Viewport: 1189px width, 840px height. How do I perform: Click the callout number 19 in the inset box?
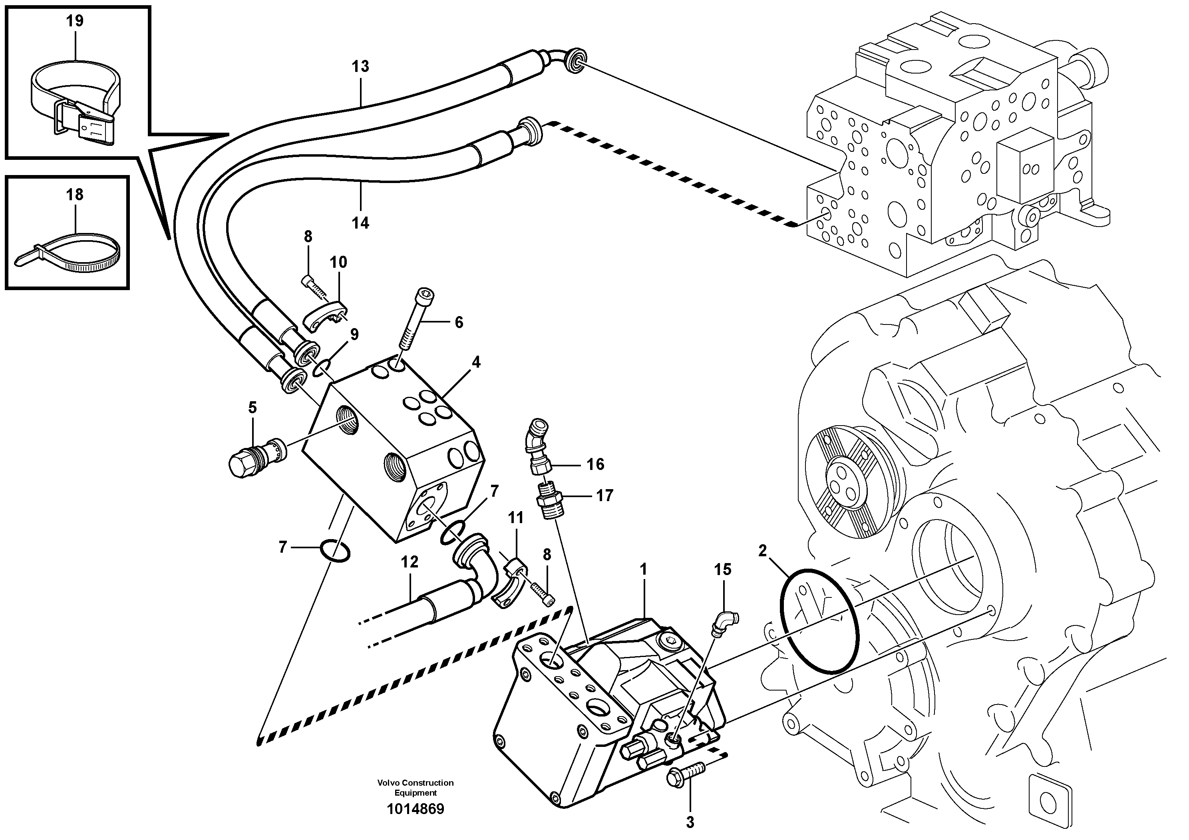point(75,21)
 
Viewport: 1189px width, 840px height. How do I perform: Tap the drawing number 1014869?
point(416,809)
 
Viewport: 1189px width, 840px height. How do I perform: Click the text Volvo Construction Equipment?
point(416,788)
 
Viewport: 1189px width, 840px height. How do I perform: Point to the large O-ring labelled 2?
point(819,621)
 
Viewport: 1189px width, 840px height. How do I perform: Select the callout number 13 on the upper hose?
point(360,66)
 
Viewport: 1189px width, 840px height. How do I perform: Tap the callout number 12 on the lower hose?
point(409,562)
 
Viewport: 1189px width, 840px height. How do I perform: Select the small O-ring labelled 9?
point(322,369)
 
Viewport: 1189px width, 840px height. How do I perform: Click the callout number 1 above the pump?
point(643,570)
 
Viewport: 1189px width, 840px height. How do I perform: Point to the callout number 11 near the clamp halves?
point(515,518)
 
